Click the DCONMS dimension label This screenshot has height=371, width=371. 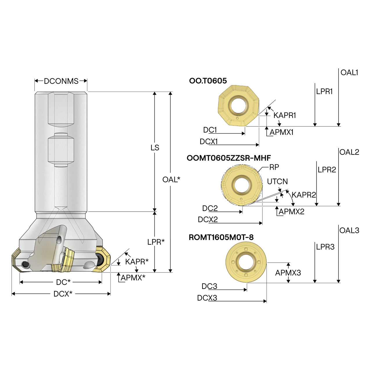[61, 81]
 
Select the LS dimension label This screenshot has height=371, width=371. [154, 148]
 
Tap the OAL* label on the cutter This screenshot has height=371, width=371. [171, 179]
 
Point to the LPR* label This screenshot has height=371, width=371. [156, 242]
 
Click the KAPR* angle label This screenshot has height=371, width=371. [137, 262]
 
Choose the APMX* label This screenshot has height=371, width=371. [133, 278]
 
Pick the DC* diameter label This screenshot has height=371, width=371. [63, 282]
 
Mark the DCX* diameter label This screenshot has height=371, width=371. [63, 294]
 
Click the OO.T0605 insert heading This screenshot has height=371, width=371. [208, 81]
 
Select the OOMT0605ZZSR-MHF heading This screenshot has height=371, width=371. [229, 158]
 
